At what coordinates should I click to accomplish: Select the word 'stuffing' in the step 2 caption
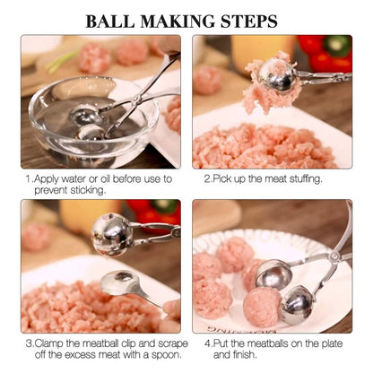pyautogui.click(x=301, y=178)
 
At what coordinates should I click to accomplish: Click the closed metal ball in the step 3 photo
pyautogui.click(x=113, y=236)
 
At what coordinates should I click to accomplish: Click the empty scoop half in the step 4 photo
pyautogui.click(x=273, y=273)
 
